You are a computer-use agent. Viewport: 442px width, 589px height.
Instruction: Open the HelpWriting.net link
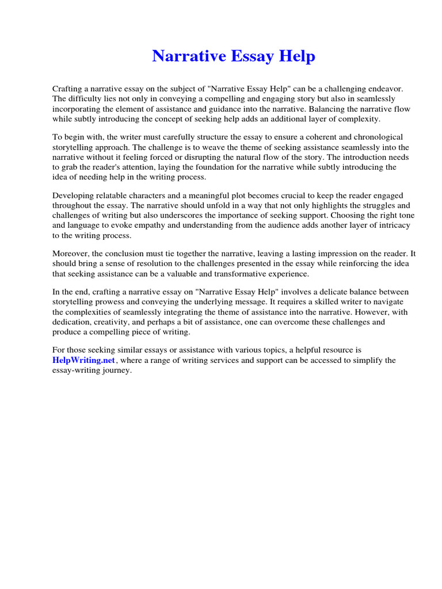(x=84, y=360)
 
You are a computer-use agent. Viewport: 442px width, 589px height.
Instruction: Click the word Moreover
(x=71, y=254)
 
